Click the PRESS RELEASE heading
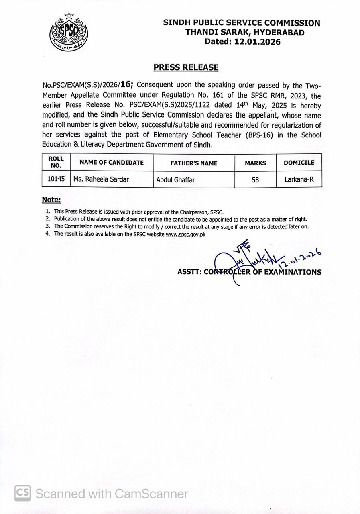tap(186, 67)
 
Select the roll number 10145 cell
tap(56, 179)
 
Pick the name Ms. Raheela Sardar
tap(101, 179)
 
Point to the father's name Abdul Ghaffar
tap(175, 180)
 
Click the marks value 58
tap(255, 180)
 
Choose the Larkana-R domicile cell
tap(299, 179)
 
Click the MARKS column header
tap(255, 163)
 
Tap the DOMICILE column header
tap(299, 163)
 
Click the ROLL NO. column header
tap(56, 162)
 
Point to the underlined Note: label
tap(51, 200)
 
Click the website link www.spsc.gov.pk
tap(185, 234)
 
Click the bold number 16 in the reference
tap(126, 84)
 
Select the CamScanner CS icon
tap(23, 493)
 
